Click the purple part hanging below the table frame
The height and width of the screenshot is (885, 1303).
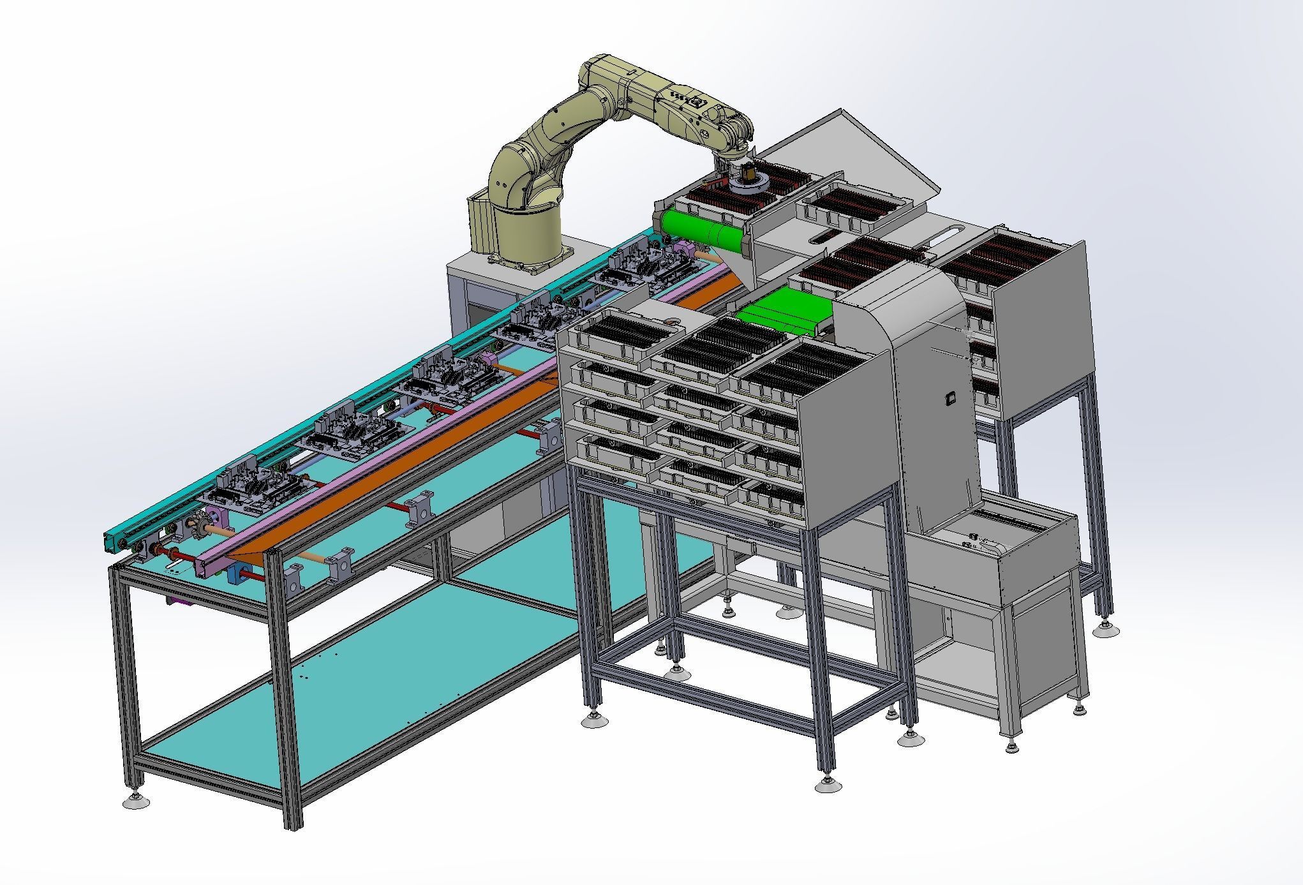coord(178,602)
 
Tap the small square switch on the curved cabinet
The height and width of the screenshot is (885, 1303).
coord(949,397)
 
